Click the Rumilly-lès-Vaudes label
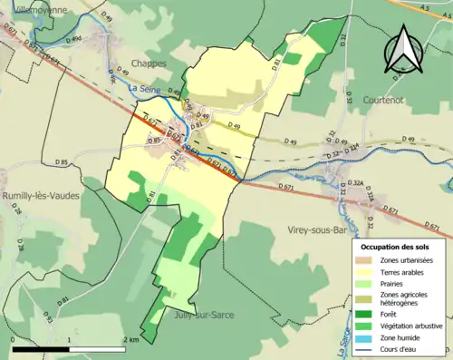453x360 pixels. pyautogui.click(x=42, y=195)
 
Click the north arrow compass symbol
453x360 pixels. pyautogui.click(x=404, y=50)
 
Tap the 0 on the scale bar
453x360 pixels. pyautogui.click(x=12, y=340)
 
